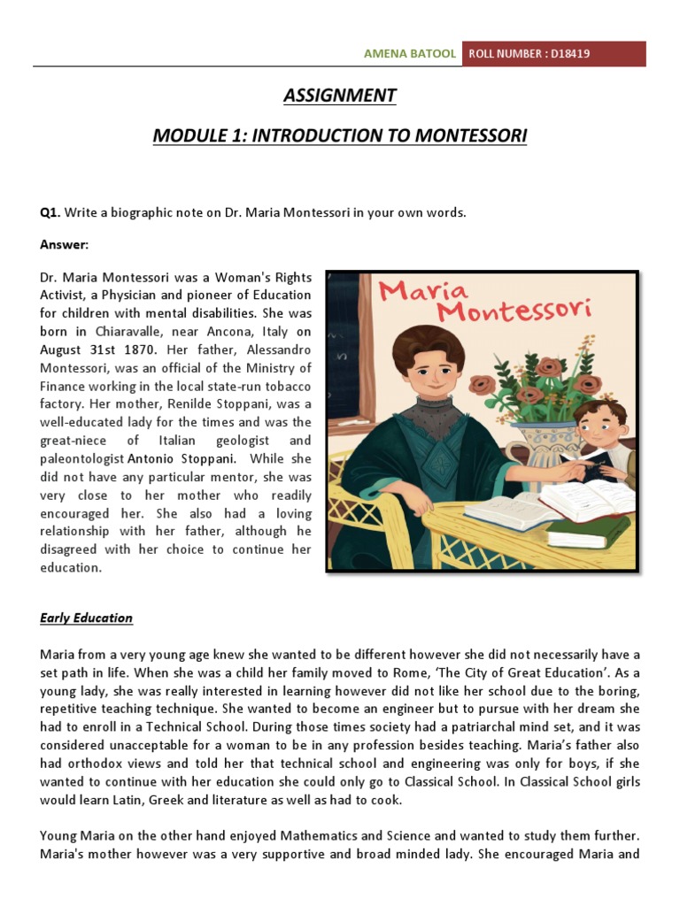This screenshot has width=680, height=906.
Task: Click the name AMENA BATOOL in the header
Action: click(410, 54)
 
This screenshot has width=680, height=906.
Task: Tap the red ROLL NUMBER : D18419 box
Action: click(553, 54)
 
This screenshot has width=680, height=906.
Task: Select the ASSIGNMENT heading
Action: click(340, 96)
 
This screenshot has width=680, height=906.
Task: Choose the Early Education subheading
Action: click(86, 618)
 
